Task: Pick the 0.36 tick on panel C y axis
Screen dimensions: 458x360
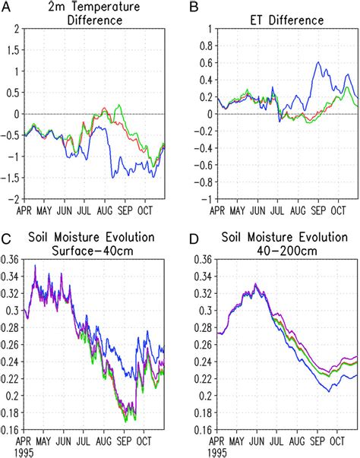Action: coord(11,259)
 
